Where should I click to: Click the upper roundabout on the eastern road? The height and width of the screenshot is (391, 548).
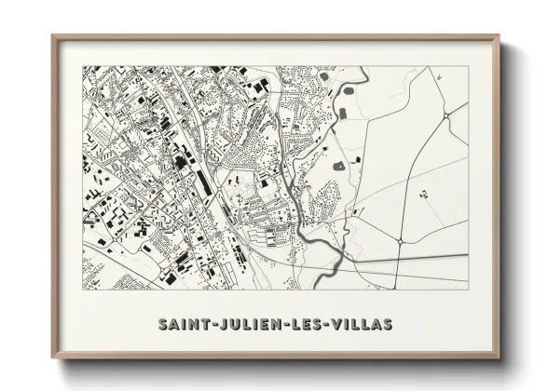click(447, 115)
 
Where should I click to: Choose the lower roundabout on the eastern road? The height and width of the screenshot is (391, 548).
click(399, 241)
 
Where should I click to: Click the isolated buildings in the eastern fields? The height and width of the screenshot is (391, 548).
click(424, 195)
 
